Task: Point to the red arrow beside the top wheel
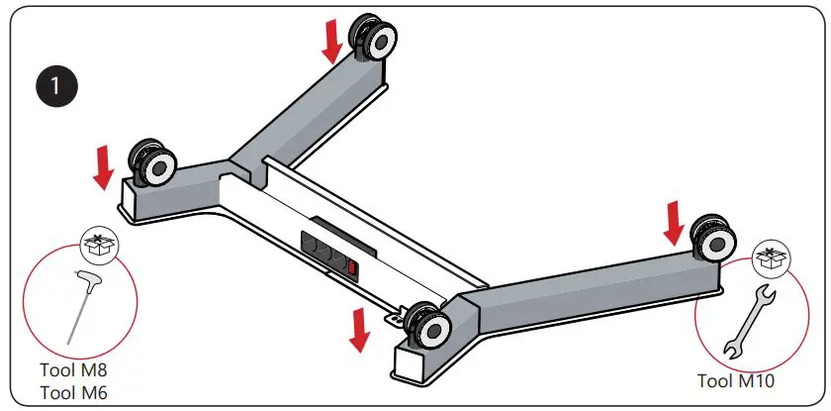[x=332, y=40]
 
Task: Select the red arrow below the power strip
[x=361, y=328]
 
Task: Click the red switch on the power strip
[x=351, y=266]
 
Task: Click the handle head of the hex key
[x=85, y=281]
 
